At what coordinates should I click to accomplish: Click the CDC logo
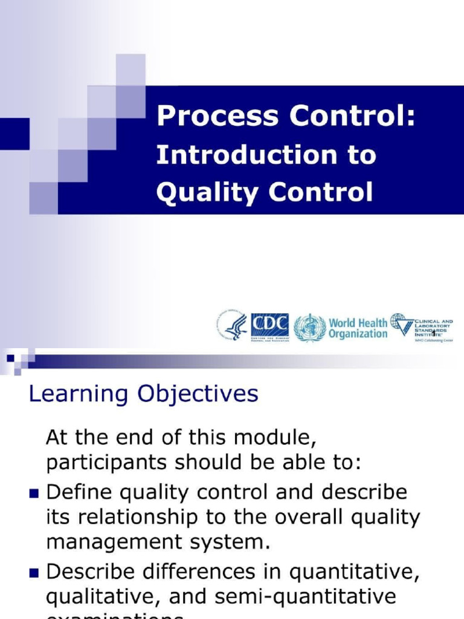point(269,327)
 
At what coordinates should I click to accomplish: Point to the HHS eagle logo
point(232,326)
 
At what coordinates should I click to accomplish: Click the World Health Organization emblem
point(310,327)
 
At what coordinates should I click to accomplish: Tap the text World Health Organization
point(358,328)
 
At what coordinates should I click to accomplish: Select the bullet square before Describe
point(34,572)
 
